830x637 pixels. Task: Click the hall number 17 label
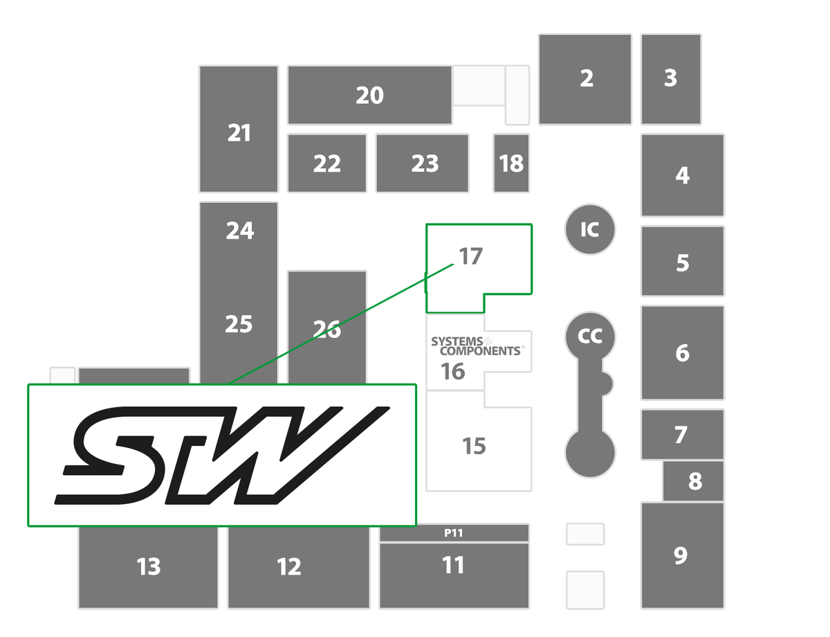(470, 255)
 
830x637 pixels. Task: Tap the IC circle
(590, 229)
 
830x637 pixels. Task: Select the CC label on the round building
(590, 336)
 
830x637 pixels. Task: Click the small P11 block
(454, 532)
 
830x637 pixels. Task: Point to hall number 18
(511, 163)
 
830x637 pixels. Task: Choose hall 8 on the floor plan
(693, 481)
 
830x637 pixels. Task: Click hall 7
(682, 434)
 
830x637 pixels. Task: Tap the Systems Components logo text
(477, 346)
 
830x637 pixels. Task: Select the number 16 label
(452, 371)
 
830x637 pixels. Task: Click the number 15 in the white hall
(474, 446)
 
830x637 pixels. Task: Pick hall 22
(326, 163)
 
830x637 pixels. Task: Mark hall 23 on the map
(422, 163)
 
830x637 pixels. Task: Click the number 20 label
(370, 96)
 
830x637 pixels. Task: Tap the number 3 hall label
(671, 78)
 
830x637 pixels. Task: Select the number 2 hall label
(587, 78)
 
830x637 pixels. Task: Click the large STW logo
(222, 456)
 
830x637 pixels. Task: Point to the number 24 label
(239, 231)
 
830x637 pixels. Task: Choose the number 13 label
(149, 566)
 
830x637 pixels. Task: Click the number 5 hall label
(683, 262)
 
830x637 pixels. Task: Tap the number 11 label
(453, 565)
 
